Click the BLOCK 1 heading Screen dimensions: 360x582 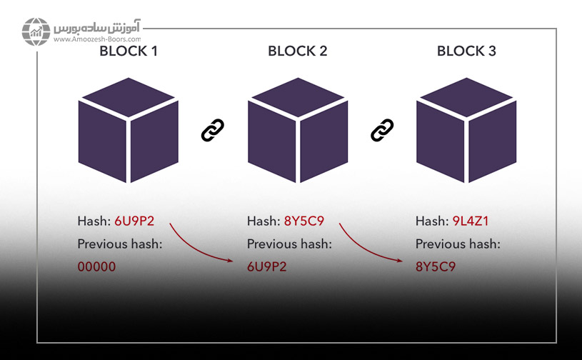tap(129, 51)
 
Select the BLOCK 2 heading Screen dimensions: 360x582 tap(297, 51)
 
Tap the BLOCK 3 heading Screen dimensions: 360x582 tap(466, 51)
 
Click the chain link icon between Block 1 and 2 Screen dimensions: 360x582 tap(213, 130)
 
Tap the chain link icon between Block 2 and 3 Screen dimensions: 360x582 tap(382, 130)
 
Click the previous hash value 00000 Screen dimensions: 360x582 tap(96, 268)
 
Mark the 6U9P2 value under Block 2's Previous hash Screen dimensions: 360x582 tap(268, 268)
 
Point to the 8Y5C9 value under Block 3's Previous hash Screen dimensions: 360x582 tap(436, 268)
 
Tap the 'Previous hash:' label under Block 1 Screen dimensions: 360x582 tap(120, 244)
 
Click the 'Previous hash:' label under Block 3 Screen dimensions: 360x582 tap(457, 244)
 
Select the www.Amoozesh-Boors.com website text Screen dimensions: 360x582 tap(96, 41)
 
